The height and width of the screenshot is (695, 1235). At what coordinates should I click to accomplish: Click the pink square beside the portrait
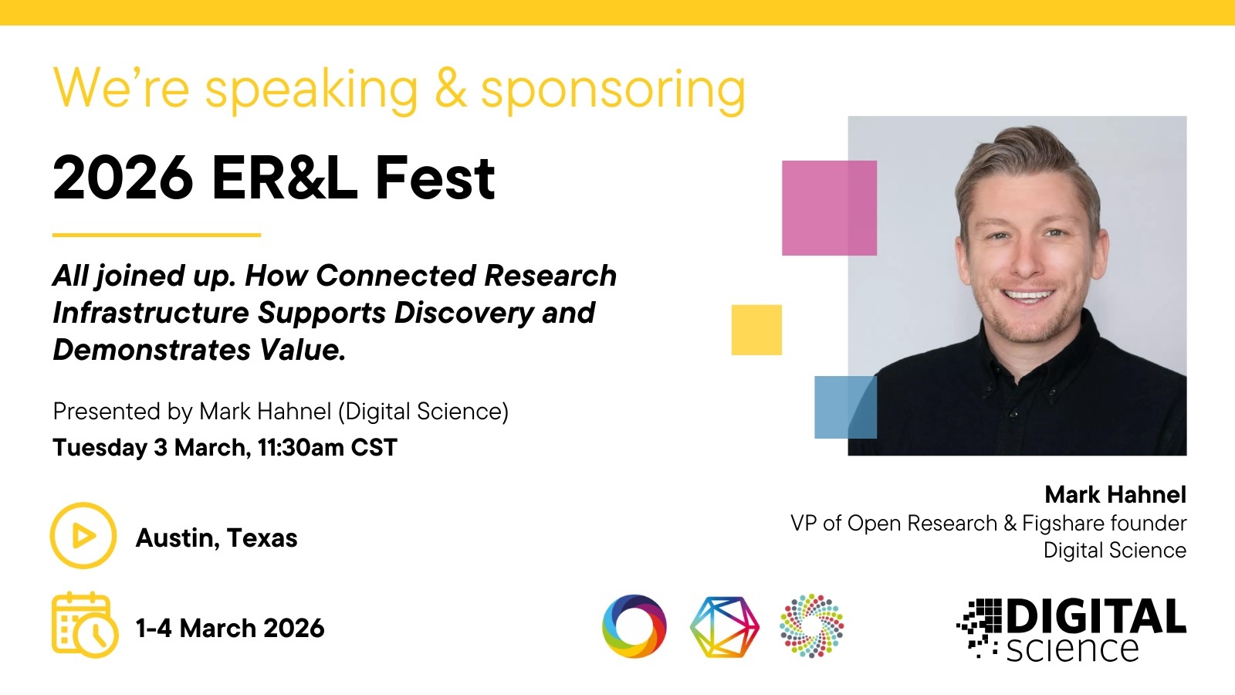pos(829,208)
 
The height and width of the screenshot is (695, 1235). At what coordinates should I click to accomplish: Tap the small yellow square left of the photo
pos(756,330)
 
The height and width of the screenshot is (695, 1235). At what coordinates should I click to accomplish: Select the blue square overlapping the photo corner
pos(846,407)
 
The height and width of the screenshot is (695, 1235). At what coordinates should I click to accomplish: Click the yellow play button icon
pos(83,536)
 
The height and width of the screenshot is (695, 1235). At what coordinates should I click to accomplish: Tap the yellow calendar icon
pos(85,625)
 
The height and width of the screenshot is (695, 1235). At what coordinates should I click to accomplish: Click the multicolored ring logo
pos(634,626)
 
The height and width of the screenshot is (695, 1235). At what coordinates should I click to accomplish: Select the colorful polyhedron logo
pos(725,626)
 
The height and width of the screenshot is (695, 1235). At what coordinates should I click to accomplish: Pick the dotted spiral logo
pos(811,625)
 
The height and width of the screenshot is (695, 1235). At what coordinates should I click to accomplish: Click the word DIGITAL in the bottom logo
pos(1097,616)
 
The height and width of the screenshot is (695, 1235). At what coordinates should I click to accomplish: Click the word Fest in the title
pos(435,178)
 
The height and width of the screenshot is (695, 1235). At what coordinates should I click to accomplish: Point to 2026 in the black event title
pos(123,178)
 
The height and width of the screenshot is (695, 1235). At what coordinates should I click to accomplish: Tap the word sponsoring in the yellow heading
pos(613,90)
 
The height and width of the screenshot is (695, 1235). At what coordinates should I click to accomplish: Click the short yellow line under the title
pos(157,235)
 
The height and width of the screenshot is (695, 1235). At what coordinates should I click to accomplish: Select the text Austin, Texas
pos(217,537)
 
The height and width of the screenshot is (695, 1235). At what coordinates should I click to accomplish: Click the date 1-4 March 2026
pos(231,629)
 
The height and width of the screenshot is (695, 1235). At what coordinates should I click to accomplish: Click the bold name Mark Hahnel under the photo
pos(1115,495)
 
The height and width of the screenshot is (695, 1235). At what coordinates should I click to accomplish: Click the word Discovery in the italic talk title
pos(464,314)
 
